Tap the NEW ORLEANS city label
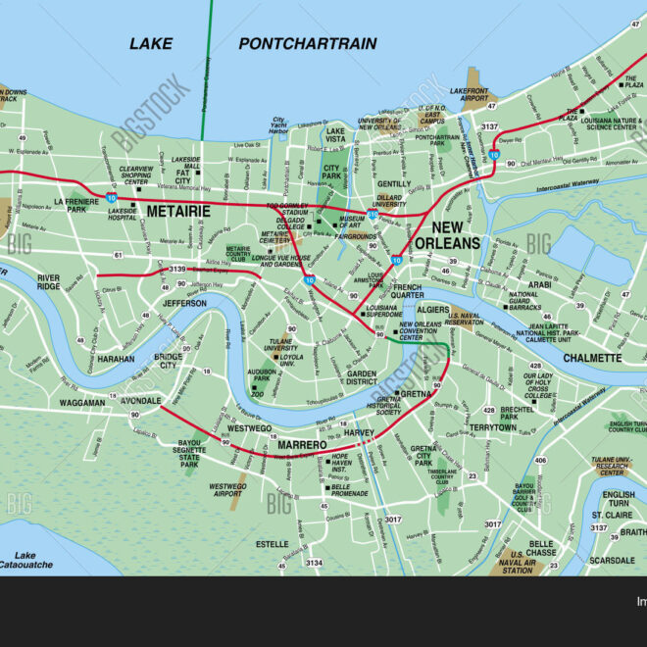[x=447, y=235]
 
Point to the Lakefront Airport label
[x=469, y=96]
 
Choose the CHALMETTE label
[x=592, y=358]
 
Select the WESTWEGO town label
[x=249, y=428]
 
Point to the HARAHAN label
[x=115, y=359]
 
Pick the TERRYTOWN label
[x=491, y=427]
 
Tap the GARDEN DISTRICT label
[x=362, y=378]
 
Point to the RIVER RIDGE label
[x=49, y=283]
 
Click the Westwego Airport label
[x=227, y=490]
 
